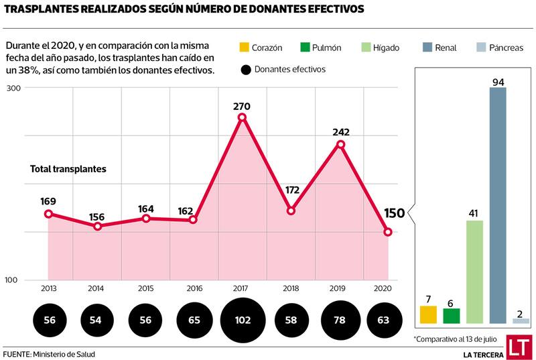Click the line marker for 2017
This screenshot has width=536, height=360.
tap(243, 117)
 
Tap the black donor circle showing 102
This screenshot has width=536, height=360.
tap(243, 320)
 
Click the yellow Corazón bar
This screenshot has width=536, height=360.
tap(428, 314)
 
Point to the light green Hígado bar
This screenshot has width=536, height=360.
tap(474, 272)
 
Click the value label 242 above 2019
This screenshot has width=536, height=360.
tap(341, 131)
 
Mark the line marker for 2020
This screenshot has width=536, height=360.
tap(388, 232)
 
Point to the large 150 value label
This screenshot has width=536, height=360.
tap(394, 213)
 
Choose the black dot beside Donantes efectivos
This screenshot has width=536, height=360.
tap(246, 69)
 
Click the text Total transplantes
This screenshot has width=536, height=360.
tap(68, 169)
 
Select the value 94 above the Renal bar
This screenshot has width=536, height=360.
tap(498, 82)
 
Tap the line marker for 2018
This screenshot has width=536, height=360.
tap(291, 211)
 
